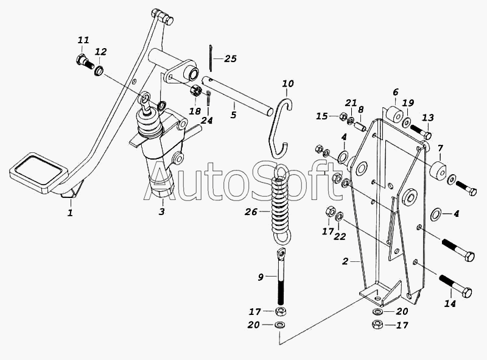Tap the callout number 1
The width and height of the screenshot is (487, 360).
[70, 213]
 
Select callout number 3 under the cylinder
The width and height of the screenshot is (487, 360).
[161, 212]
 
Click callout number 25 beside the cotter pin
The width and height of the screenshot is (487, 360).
[230, 59]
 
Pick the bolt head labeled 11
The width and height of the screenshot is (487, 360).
[82, 60]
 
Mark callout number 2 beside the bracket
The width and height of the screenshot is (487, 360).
[345, 262]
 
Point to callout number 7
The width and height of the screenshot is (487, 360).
[441, 148]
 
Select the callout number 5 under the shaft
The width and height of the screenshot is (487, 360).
[233, 114]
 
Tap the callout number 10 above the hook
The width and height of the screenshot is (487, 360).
[288, 83]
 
